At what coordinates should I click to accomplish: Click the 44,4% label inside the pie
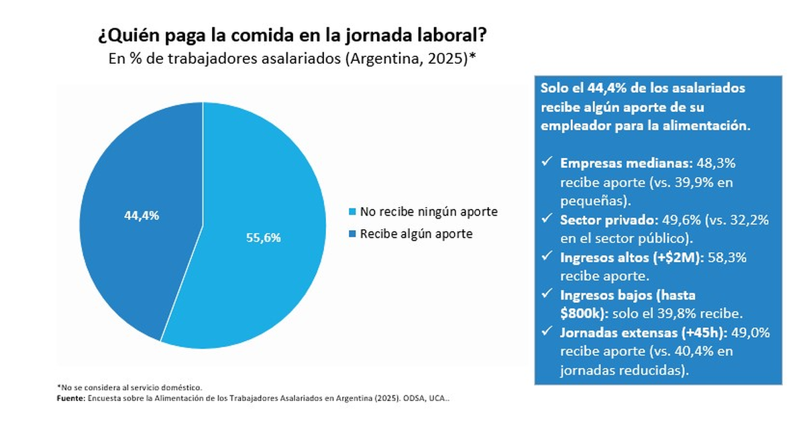141,216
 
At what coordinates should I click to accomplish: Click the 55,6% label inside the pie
263,237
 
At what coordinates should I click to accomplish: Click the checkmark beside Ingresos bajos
547,294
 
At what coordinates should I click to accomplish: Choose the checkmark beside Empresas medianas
547,163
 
